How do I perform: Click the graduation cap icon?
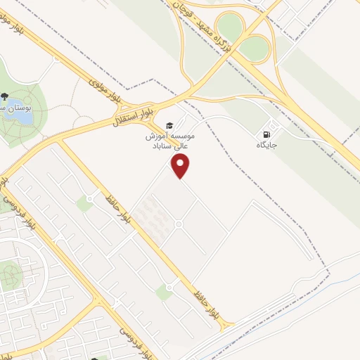coord(169,124)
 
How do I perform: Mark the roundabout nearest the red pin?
coord(179,224)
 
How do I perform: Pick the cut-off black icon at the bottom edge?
coord(95,356)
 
